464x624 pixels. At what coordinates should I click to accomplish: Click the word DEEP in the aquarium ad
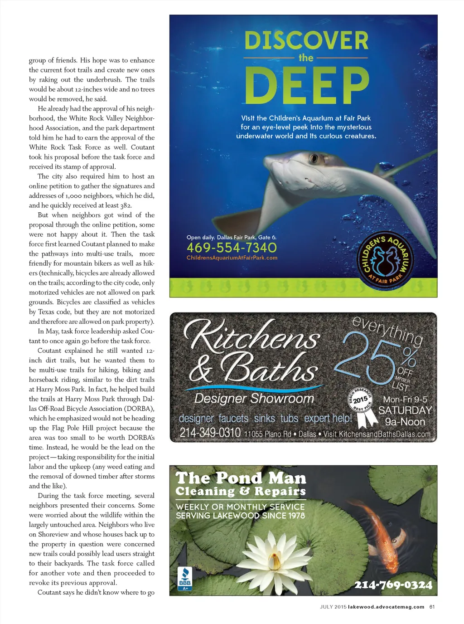point(307,85)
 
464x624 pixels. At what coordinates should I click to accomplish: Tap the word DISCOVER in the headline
point(306,41)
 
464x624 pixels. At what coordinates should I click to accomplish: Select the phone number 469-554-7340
point(232,248)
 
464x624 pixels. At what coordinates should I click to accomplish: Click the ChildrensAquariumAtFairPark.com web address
point(232,258)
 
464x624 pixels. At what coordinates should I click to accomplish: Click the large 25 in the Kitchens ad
point(367,358)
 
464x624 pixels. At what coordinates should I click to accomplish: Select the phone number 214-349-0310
point(210,432)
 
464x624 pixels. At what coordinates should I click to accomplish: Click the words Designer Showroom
point(254,398)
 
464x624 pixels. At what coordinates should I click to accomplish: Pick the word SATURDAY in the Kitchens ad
point(405,410)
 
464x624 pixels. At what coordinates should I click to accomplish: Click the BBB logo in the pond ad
point(185,579)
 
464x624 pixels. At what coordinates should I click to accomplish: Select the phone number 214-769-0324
point(393,585)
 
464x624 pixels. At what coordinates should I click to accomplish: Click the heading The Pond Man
point(241,478)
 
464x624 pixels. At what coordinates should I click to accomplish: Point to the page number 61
point(432,607)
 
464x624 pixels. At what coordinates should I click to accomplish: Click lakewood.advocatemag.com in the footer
point(386,607)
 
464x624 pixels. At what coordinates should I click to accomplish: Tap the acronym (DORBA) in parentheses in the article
point(139,409)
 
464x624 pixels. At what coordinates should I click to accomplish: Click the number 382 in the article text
point(126,205)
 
